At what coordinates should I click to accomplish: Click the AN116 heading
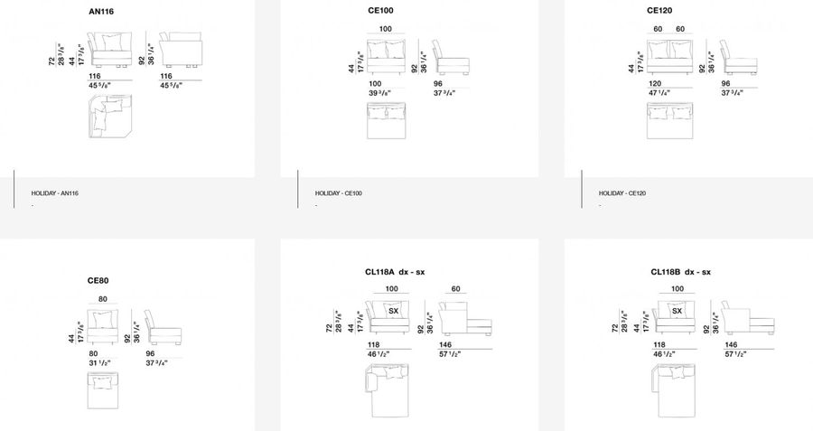tap(102, 13)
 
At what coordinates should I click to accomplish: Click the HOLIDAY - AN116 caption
tap(55, 193)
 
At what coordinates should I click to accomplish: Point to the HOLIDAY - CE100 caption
tap(339, 193)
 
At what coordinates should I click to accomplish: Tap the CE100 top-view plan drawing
tap(386, 122)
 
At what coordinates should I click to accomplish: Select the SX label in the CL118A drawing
tap(393, 311)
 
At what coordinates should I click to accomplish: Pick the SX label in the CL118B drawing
tap(677, 311)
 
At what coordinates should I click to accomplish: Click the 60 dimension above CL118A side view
tap(456, 289)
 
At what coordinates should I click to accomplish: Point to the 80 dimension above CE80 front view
tap(103, 298)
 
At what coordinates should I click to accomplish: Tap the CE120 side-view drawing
tap(738, 60)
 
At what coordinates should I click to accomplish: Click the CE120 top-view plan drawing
tap(669, 122)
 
